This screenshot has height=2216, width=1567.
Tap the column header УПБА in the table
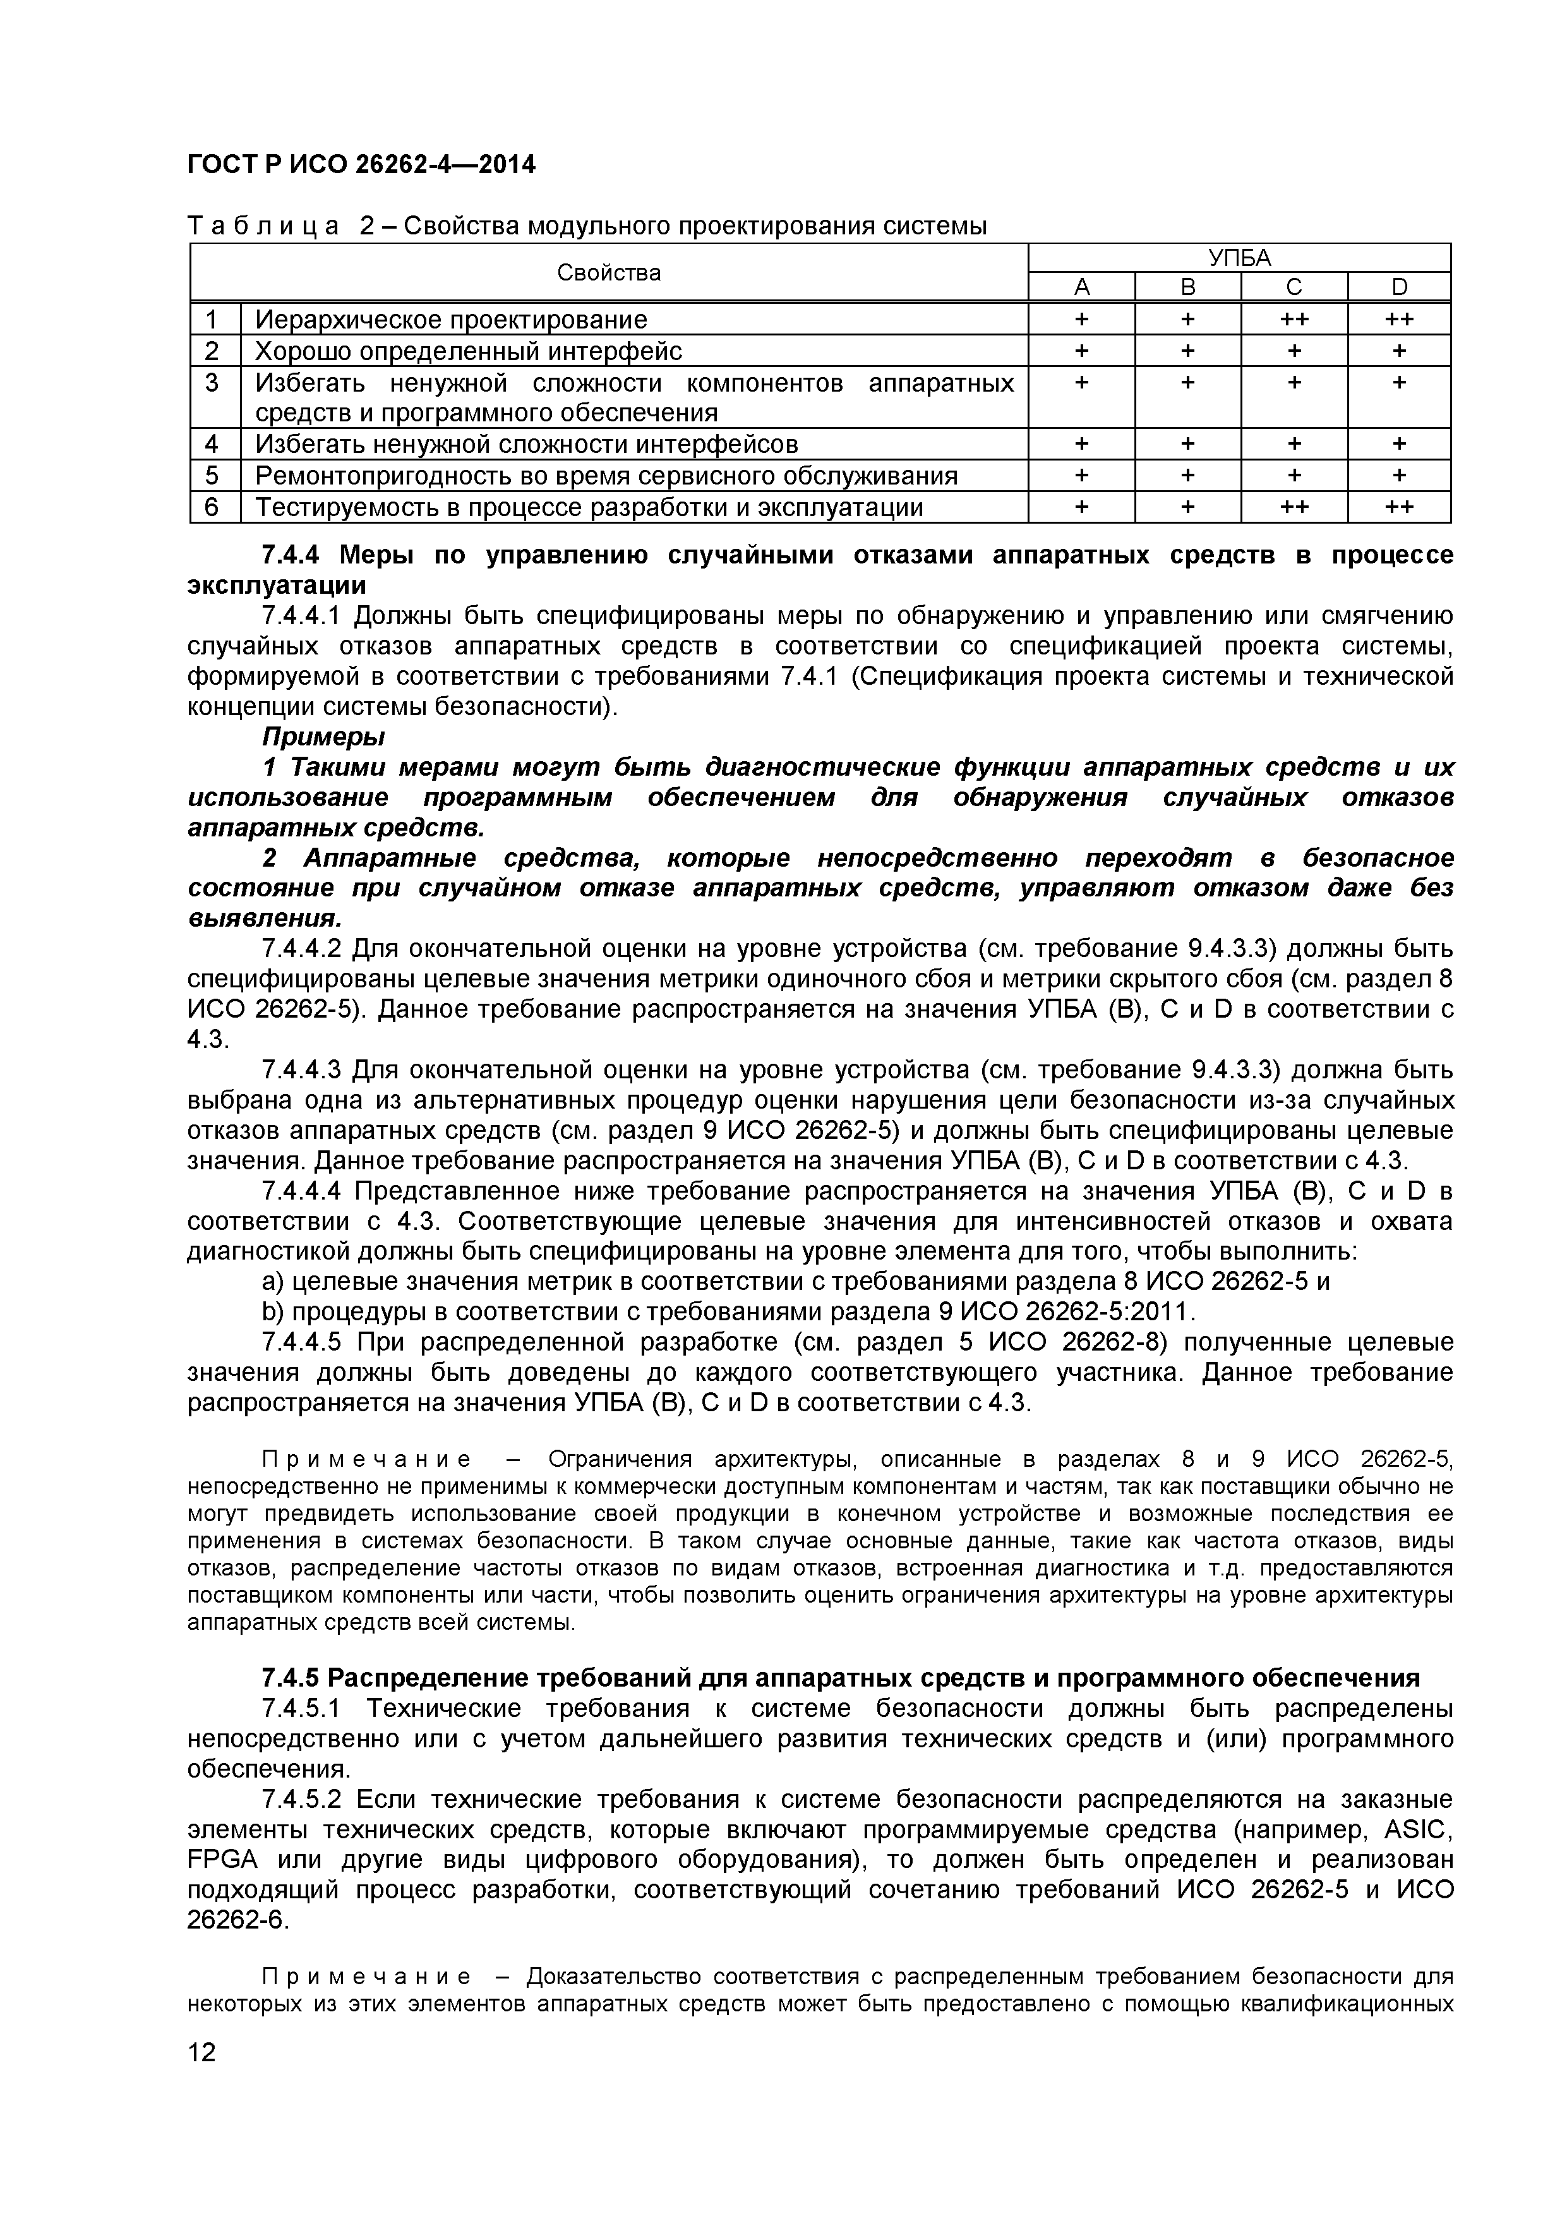pyautogui.click(x=1239, y=258)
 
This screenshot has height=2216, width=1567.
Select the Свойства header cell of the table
pyautogui.click(x=609, y=273)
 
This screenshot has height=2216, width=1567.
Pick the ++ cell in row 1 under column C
pyautogui.click(x=1294, y=320)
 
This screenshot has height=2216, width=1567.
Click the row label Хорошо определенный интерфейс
pyautogui.click(x=468, y=351)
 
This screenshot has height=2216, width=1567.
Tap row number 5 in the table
pyautogui.click(x=213, y=476)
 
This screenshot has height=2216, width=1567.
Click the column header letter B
pyautogui.click(x=1188, y=287)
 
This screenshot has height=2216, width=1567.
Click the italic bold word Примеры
pyautogui.click(x=323, y=737)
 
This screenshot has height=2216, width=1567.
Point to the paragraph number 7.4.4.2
pyautogui.click(x=301, y=949)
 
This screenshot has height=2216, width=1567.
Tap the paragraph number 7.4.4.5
pyautogui.click(x=301, y=1342)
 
